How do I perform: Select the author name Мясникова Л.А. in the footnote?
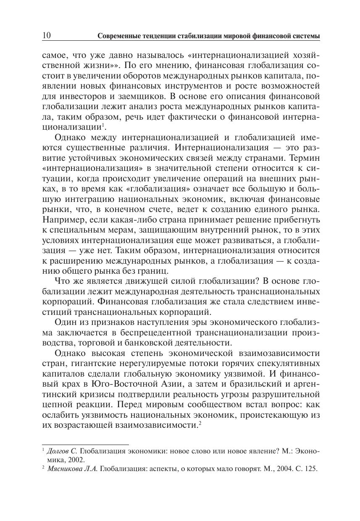pyautogui.click(x=73, y=468)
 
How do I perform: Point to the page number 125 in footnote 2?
pyautogui.click(x=310, y=468)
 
